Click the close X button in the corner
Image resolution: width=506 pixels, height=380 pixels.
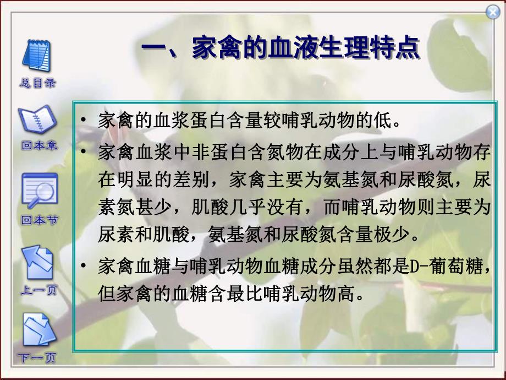(x=493, y=13)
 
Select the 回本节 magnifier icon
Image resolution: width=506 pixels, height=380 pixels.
(x=38, y=192)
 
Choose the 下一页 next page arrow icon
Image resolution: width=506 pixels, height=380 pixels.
(x=38, y=330)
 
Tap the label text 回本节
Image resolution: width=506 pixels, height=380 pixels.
(x=39, y=220)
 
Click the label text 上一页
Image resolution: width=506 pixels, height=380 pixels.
(x=38, y=290)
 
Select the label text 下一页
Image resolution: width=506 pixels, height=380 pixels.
(x=38, y=359)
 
